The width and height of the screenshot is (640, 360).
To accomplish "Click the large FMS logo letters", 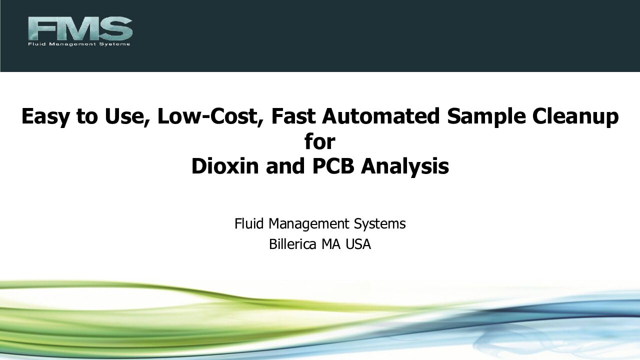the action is (x=80, y=28).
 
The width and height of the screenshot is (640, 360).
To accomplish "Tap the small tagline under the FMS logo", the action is (x=79, y=44).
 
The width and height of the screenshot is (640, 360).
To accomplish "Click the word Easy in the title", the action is (x=45, y=117).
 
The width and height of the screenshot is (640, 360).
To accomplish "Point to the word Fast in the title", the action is (x=293, y=116).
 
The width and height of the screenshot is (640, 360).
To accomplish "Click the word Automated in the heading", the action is (x=380, y=116).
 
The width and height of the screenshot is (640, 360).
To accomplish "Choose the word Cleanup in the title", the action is (x=575, y=117).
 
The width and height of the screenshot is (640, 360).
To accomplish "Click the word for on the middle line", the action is (x=319, y=141).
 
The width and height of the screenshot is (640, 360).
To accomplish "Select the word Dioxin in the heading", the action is (x=225, y=166).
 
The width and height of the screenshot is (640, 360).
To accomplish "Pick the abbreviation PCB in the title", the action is (x=333, y=166).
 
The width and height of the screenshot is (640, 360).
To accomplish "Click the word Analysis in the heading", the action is (x=405, y=167).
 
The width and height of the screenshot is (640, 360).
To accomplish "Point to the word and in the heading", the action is (x=285, y=166).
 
